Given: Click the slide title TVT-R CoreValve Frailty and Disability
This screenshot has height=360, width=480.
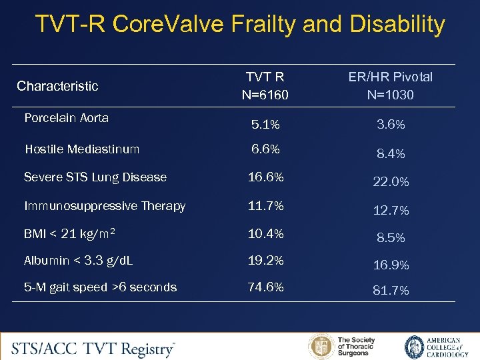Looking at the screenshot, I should click(240, 25).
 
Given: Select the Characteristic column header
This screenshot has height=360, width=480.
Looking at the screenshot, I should click(57, 86).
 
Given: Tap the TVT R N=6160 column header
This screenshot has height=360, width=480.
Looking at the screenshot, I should click(266, 86).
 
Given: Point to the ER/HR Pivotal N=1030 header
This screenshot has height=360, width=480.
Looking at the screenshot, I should click(390, 86).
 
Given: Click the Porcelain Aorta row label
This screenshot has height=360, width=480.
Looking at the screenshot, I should click(66, 118).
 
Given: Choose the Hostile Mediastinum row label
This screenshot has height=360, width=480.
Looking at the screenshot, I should click(82, 149).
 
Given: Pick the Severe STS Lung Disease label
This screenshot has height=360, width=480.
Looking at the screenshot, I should click(95, 177).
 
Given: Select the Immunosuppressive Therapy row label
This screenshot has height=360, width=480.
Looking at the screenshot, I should click(105, 206).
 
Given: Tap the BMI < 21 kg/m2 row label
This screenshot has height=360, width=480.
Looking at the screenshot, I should click(70, 234).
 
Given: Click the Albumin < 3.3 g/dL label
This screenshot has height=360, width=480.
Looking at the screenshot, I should click(78, 261).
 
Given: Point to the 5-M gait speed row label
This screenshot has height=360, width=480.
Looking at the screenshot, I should click(100, 287).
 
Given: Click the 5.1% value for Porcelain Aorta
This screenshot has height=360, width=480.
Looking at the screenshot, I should click(266, 125).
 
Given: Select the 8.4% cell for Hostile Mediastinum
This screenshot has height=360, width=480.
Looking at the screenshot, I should click(391, 154).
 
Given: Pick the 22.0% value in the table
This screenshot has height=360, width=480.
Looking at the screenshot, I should click(391, 182).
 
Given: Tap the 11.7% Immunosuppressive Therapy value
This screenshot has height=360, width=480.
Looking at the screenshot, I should click(266, 206).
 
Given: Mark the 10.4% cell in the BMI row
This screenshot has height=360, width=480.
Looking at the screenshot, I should click(266, 234).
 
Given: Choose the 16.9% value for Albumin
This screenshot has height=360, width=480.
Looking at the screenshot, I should click(391, 265).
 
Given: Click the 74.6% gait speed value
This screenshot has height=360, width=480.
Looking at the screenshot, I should click(266, 287).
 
